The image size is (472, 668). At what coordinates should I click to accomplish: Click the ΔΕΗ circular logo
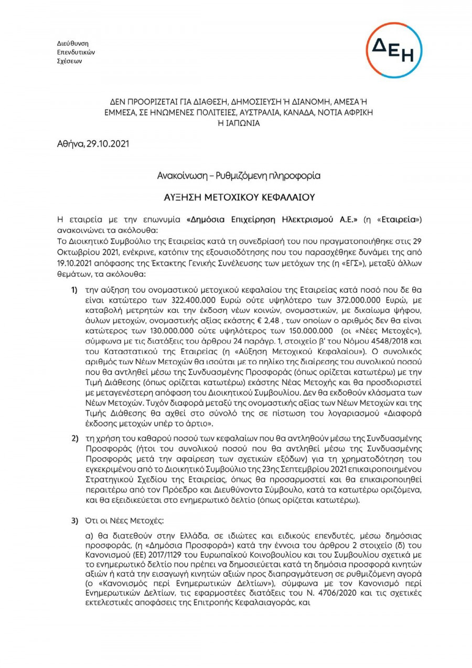click(394, 50)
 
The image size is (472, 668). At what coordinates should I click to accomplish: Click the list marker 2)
click(74, 437)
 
